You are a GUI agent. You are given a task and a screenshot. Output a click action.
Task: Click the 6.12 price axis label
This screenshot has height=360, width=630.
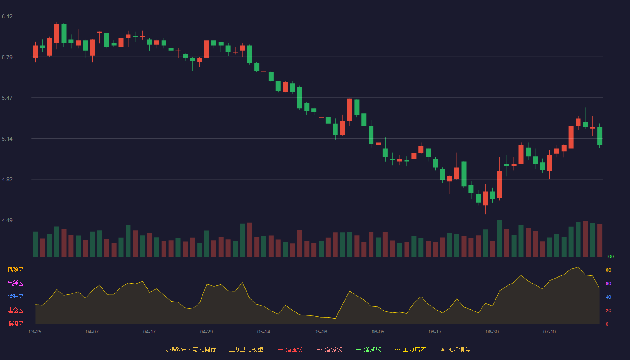click(7, 17)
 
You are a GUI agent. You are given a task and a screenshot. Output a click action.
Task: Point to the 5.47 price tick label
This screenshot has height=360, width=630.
click(7, 98)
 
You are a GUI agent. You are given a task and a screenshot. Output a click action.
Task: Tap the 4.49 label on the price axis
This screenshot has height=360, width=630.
click(7, 220)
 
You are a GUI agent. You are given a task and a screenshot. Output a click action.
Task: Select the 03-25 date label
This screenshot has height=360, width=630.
click(35, 332)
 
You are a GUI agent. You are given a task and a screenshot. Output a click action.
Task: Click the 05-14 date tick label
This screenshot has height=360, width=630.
click(264, 332)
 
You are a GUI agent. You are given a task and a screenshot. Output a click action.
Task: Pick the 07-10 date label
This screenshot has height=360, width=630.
click(549, 332)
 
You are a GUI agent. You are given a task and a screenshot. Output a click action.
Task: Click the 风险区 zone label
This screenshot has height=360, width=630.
click(15, 270)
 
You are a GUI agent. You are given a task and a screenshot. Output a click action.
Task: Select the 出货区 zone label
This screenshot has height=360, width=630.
click(15, 283)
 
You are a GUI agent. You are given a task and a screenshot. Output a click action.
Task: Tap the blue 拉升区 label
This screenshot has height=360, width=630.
click(15, 297)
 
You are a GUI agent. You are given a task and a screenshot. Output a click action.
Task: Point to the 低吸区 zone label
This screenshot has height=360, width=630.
click(15, 324)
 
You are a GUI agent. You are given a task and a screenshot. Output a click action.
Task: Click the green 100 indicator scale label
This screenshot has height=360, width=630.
click(610, 256)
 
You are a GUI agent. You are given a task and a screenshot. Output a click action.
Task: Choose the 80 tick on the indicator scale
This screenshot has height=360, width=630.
click(608, 270)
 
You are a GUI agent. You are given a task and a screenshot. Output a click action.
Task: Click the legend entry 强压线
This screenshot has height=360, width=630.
click(290, 349)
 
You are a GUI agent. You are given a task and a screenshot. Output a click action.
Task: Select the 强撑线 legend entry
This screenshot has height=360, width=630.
click(369, 349)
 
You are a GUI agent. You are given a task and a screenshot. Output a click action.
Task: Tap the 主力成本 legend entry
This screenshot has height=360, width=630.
click(410, 349)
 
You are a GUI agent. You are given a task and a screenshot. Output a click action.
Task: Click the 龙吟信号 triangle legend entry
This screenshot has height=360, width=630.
click(455, 349)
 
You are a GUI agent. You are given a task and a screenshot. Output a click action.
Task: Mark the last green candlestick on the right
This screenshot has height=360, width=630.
click(599, 136)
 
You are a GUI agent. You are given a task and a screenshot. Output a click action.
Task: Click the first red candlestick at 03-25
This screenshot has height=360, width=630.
click(35, 52)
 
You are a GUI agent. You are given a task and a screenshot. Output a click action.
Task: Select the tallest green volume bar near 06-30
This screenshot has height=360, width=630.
click(499, 238)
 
